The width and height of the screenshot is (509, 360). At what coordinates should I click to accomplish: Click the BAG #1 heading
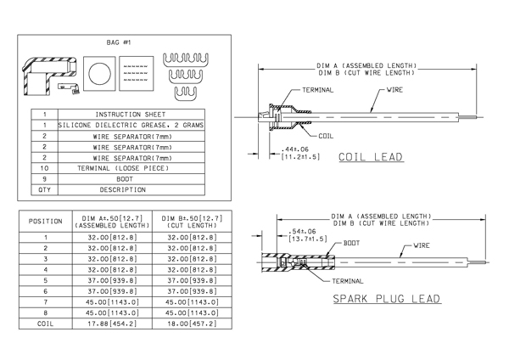119,42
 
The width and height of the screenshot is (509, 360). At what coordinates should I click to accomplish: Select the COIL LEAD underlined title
371,157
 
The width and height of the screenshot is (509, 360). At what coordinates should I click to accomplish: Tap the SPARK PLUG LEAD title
387,299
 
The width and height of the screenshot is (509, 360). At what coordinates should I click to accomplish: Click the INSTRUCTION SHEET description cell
131,115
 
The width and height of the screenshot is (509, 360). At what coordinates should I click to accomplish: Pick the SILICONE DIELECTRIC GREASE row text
131,125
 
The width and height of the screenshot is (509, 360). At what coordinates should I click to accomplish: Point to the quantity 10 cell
44,168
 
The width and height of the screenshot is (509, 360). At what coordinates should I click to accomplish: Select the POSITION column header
46,222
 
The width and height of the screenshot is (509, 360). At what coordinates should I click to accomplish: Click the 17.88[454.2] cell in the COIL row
112,323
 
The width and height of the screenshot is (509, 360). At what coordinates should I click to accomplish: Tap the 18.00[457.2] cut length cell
192,323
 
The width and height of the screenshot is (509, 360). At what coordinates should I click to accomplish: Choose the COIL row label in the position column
45,323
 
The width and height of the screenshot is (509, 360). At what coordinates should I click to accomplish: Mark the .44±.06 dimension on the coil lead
294,149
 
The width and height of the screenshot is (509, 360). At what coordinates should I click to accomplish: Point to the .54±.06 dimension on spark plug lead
301,231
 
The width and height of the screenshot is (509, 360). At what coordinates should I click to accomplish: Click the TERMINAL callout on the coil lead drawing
318,90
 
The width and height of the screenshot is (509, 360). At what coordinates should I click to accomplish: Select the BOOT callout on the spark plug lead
351,243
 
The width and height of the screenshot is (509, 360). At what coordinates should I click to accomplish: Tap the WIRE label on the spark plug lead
422,245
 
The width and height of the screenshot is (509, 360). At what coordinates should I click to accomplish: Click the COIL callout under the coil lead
326,136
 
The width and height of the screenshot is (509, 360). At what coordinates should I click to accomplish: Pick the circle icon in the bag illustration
99,74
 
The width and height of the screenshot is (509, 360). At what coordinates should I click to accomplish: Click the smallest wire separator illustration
186,94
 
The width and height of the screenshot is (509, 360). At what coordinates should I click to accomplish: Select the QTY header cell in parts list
44,189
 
